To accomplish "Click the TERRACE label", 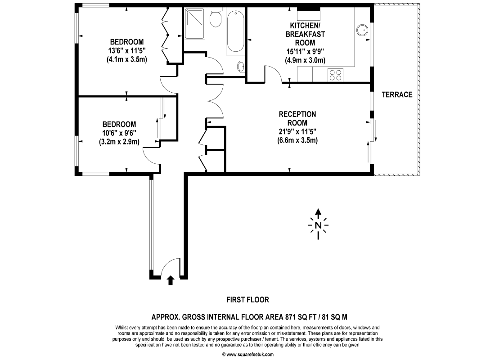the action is point(397,94).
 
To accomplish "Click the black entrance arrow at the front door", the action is point(171,280).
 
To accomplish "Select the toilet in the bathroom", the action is point(216,18).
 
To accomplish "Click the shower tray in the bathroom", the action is point(194,24).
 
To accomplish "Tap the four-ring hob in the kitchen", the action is point(335,75).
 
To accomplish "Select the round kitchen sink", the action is point(362,30).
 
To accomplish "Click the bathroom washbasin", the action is point(241,67).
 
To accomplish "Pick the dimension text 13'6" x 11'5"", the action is point(127,50).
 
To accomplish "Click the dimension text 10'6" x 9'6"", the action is point(119,133).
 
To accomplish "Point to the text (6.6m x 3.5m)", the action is point(297,140).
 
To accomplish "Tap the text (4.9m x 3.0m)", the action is point(305,60).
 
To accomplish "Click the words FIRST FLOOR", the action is point(247,300).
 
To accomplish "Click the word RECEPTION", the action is point(297,114).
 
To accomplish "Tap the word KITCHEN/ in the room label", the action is point(305,25).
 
